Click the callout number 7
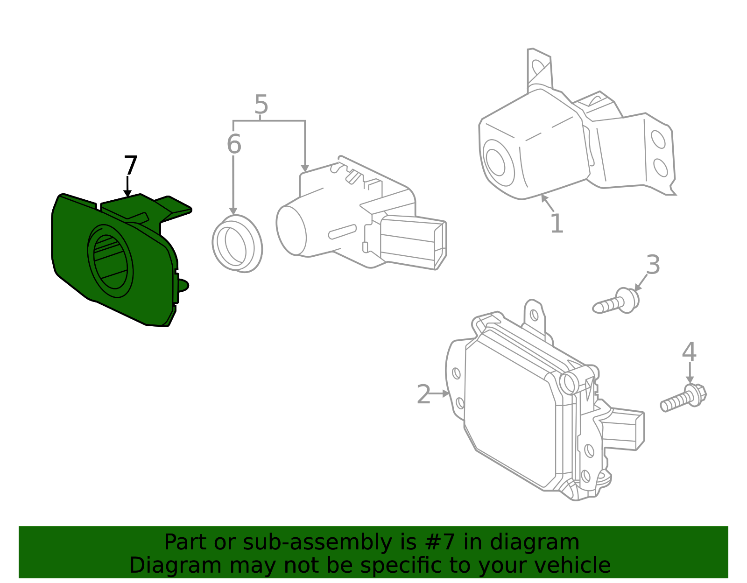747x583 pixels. (x=131, y=166)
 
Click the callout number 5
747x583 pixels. (x=261, y=105)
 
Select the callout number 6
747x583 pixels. (x=234, y=144)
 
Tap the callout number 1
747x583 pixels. (x=557, y=224)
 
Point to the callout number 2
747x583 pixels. (x=423, y=395)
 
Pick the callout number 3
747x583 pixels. (x=653, y=265)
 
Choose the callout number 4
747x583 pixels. (x=689, y=352)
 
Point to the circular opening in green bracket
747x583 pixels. (x=110, y=261)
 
